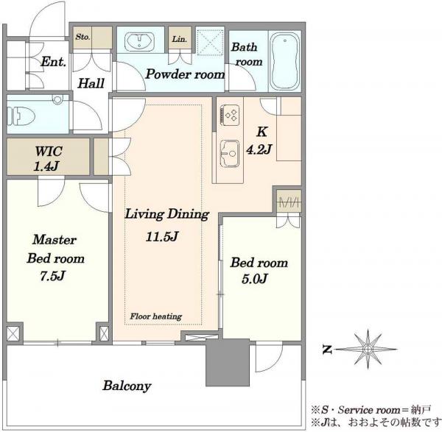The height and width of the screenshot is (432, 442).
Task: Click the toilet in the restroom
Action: click(x=21, y=116)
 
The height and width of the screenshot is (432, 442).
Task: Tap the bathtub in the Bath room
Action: click(x=284, y=61)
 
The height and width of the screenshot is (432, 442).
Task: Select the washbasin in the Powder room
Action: click(x=139, y=42)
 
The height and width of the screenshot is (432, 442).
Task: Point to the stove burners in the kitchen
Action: click(x=231, y=115)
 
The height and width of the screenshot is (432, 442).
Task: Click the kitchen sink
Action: click(x=230, y=154)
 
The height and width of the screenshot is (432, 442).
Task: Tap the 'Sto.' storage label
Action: click(x=83, y=37)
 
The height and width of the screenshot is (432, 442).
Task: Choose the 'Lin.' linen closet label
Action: click(x=180, y=39)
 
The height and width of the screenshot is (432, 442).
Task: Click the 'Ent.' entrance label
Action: click(x=54, y=62)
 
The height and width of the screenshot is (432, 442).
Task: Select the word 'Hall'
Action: click(x=91, y=83)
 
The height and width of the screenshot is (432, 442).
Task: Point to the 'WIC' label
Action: click(x=49, y=151)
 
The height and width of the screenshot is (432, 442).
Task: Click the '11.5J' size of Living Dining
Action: click(x=162, y=236)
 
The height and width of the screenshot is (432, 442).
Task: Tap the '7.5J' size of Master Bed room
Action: click(x=52, y=276)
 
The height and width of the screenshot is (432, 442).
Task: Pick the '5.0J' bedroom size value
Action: click(x=255, y=278)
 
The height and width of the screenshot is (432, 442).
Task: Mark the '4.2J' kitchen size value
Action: click(x=259, y=149)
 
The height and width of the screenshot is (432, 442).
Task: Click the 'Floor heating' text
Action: click(x=156, y=316)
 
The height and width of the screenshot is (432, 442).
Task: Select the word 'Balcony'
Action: click(x=127, y=386)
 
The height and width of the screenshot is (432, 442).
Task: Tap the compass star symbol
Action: click(x=368, y=349)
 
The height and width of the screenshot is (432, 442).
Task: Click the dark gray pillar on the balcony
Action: click(x=228, y=362)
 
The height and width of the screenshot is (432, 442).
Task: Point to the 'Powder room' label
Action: click(x=185, y=74)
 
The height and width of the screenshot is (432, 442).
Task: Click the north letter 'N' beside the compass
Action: click(x=326, y=350)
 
